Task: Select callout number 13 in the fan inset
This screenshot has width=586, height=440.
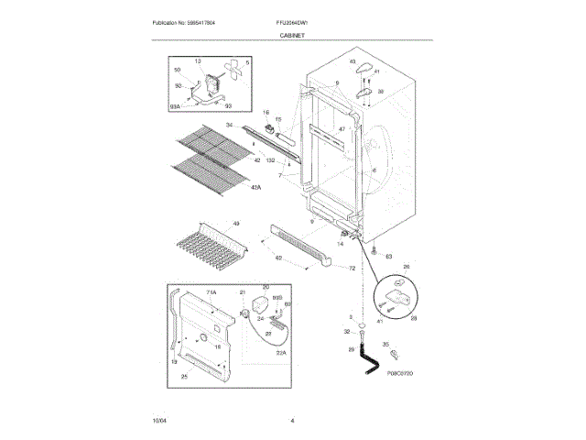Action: coord(197,61)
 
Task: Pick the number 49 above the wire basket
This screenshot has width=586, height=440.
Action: coord(236,224)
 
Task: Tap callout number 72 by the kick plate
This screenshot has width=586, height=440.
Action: coord(352,268)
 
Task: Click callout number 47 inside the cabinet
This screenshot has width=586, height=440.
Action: coord(342,128)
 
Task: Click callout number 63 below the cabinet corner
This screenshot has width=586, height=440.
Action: coord(388,257)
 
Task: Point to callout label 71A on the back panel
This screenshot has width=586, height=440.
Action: coord(210,291)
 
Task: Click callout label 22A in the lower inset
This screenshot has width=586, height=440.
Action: coord(282,352)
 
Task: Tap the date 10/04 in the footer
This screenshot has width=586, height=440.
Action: coord(159,420)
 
